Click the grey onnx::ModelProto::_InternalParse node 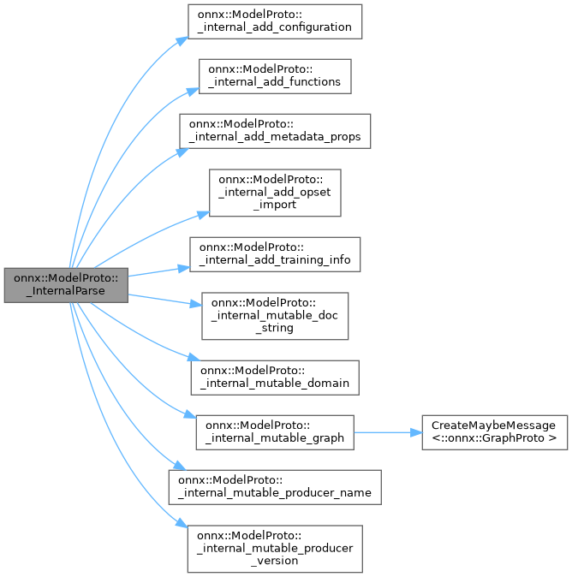66,284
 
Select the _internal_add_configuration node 275,21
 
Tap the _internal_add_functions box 275,75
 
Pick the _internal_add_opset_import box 276,193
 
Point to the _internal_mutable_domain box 275,377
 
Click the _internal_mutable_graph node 275,431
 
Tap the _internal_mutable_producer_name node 275,486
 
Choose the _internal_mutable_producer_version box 276,548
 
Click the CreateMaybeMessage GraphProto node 493,431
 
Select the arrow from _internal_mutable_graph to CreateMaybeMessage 387,431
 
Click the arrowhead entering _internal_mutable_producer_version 181,524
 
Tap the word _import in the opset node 276,205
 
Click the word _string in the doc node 276,328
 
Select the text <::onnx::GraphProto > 493,437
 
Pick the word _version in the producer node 276,560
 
